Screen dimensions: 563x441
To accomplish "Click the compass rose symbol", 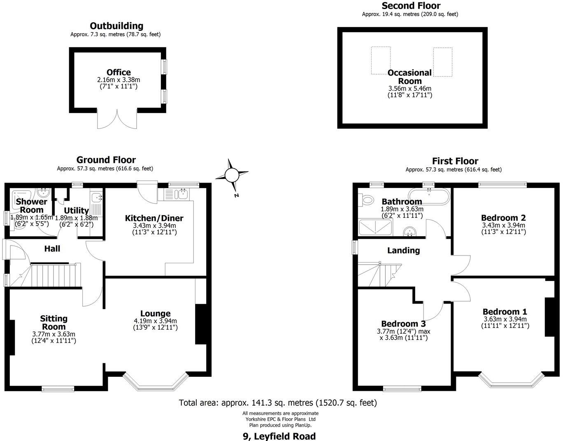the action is pos(231,176).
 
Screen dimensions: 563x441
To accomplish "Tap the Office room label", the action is pos(119,73).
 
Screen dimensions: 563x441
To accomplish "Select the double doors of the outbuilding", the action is pos(117,119).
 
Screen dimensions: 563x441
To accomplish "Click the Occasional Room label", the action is pos(410,77).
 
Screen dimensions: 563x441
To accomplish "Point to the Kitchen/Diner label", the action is pos(154,218).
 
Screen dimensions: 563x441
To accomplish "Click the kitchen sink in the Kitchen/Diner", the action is pos(181,193).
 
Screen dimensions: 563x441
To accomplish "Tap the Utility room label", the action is pos(76,211).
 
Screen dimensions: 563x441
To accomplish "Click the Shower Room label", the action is pos(32,205).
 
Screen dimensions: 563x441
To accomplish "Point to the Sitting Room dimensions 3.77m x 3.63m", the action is pos(54,334).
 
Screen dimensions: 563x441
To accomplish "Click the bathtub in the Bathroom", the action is pos(428,196).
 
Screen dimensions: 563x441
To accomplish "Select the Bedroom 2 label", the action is pos(503,218).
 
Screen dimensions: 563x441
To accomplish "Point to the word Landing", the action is pos(403,251).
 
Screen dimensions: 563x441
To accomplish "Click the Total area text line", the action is pos(278,403).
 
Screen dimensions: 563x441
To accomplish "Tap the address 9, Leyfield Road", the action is pos(279,436).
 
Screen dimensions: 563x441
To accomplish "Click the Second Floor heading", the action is pos(411,6).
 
